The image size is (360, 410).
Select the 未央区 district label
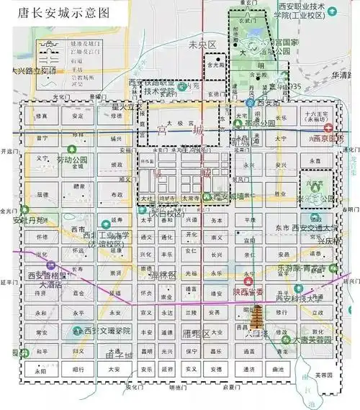click(x=202, y=45)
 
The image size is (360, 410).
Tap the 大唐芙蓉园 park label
click(x=312, y=340)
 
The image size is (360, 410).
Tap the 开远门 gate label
click(x=9, y=152)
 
